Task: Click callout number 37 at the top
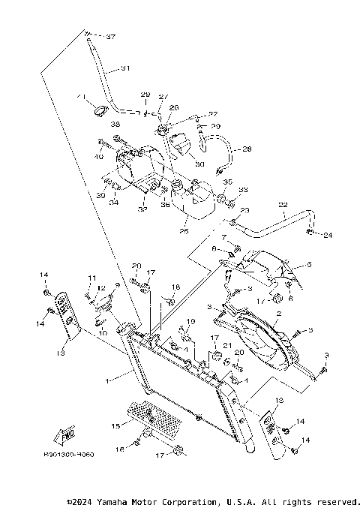coord(111,36)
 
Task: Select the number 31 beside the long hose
coord(125,68)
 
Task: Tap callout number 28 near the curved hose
coord(247,150)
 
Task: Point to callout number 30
coord(178,164)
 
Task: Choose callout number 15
coord(115,426)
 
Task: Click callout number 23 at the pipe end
coord(244,211)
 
